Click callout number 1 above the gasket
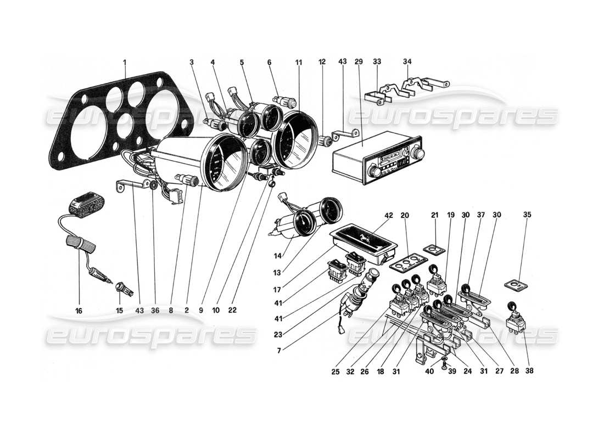point(124,63)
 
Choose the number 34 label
point(407,63)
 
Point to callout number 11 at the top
point(298,63)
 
